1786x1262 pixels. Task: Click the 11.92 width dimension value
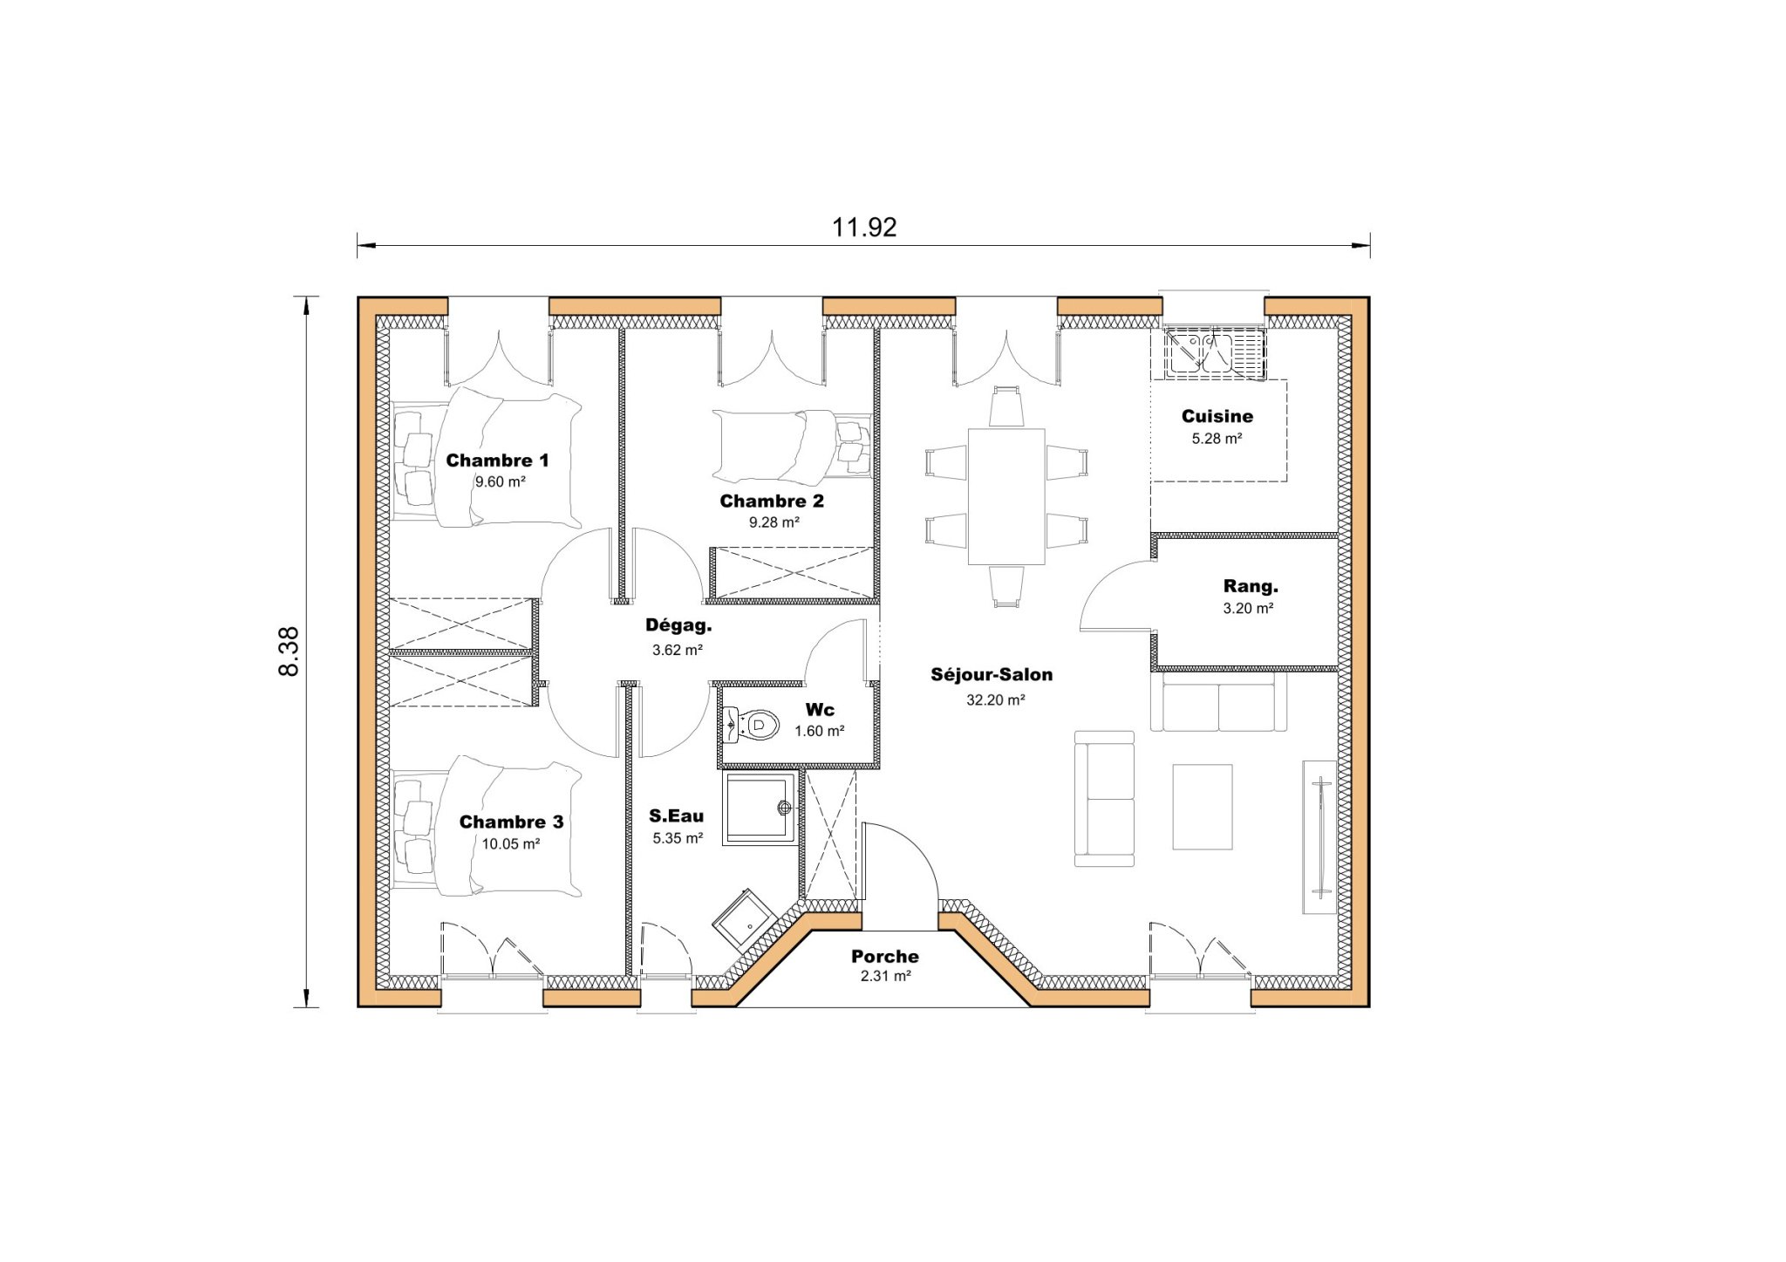point(863,227)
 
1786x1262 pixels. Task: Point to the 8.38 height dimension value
point(289,651)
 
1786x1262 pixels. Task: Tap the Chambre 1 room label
point(497,460)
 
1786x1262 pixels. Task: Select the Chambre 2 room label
point(772,501)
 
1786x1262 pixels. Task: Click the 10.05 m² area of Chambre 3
point(511,843)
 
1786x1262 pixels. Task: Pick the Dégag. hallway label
point(678,624)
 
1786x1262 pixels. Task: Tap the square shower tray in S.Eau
point(760,808)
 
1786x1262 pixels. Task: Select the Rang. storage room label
point(1251,586)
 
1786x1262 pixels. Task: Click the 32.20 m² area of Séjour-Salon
point(995,699)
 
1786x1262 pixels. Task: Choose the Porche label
point(885,956)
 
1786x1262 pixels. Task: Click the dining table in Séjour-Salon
point(1005,496)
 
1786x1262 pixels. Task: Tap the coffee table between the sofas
point(1202,807)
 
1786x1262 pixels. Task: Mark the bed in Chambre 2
point(789,447)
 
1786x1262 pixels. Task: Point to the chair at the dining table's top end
point(1006,407)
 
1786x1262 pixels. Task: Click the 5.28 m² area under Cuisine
point(1217,439)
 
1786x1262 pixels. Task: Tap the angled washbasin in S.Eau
point(745,920)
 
